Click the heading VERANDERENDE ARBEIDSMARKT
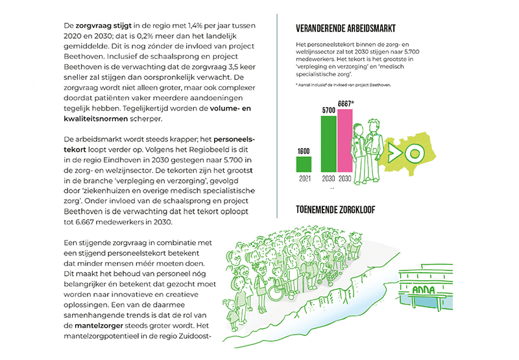pyautogui.click(x=345, y=29)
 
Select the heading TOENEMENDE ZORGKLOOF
pyautogui.click(x=344, y=211)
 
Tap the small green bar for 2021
pyautogui.click(x=304, y=164)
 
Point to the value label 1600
pyautogui.click(x=304, y=151)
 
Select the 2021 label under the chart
pyautogui.click(x=304, y=178)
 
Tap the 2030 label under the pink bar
pyautogui.click(x=345, y=178)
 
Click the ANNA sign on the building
pyautogui.click(x=421, y=290)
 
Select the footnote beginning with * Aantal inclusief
pyautogui.click(x=344, y=85)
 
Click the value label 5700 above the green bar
pyautogui.click(x=329, y=111)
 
